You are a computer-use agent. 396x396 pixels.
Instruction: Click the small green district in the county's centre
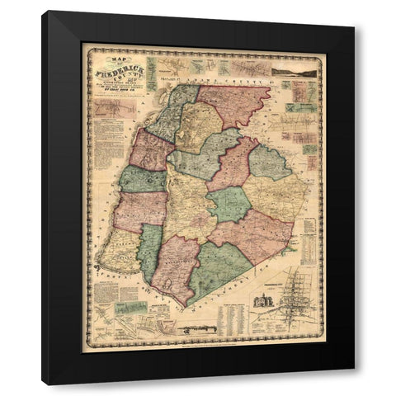[x=228, y=203]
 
